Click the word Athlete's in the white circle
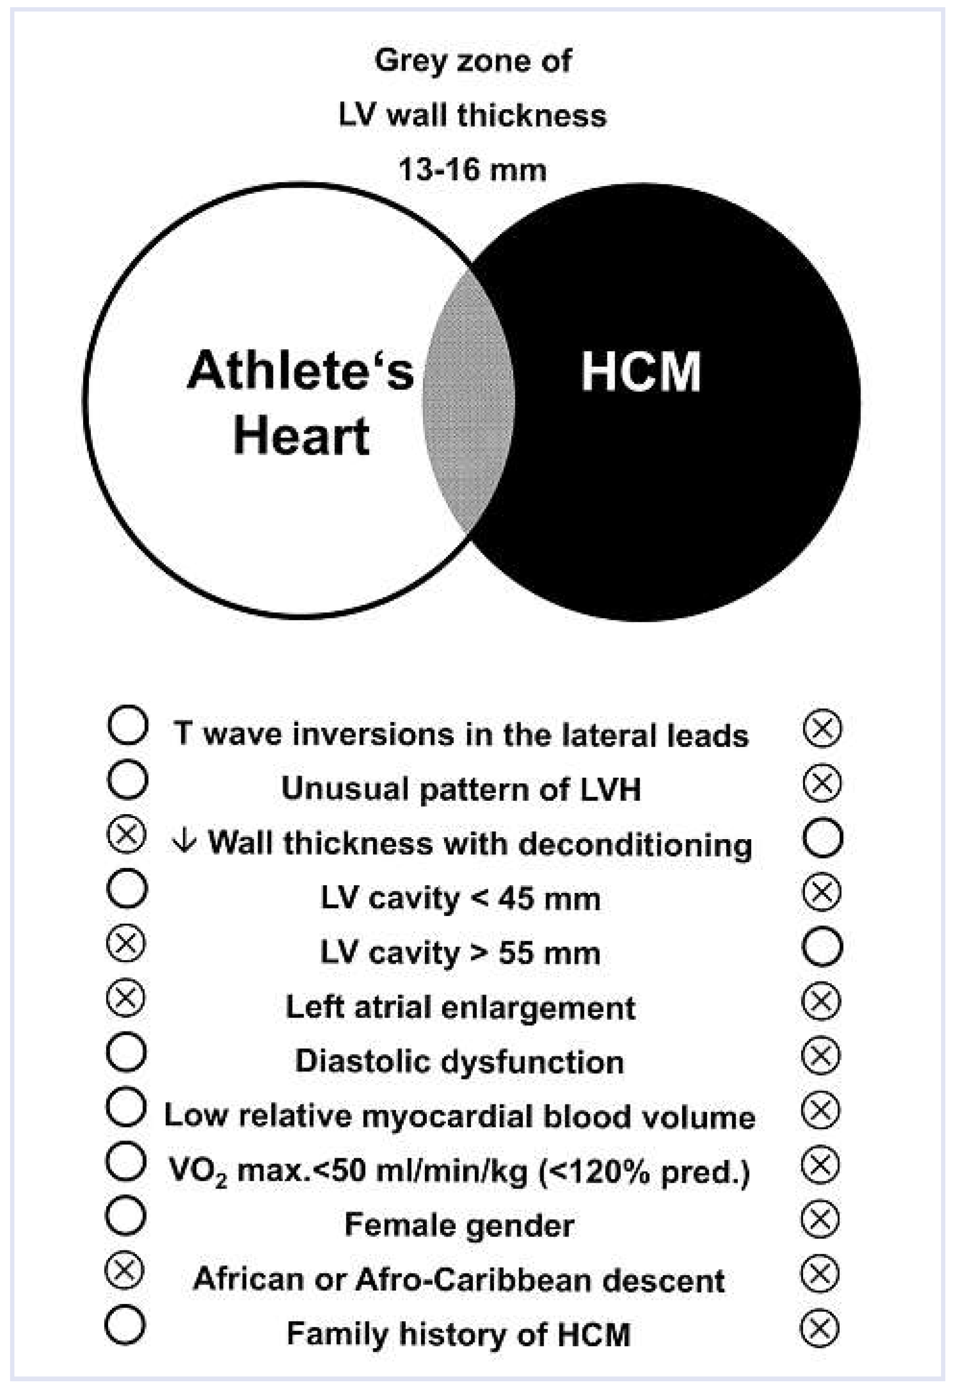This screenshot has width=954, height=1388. pos(300,371)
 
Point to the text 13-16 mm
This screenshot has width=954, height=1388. pos(472,170)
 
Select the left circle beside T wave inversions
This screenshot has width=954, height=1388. pos(127,725)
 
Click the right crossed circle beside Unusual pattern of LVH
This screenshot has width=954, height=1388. pos(822,782)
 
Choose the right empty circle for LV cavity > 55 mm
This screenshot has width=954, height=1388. pos(822,946)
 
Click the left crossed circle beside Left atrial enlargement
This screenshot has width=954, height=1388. pos(125,998)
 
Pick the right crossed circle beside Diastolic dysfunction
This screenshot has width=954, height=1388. pos(821,1055)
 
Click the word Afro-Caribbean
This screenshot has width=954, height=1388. pos(473,1280)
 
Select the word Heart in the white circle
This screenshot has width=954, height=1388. pos(301,436)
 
